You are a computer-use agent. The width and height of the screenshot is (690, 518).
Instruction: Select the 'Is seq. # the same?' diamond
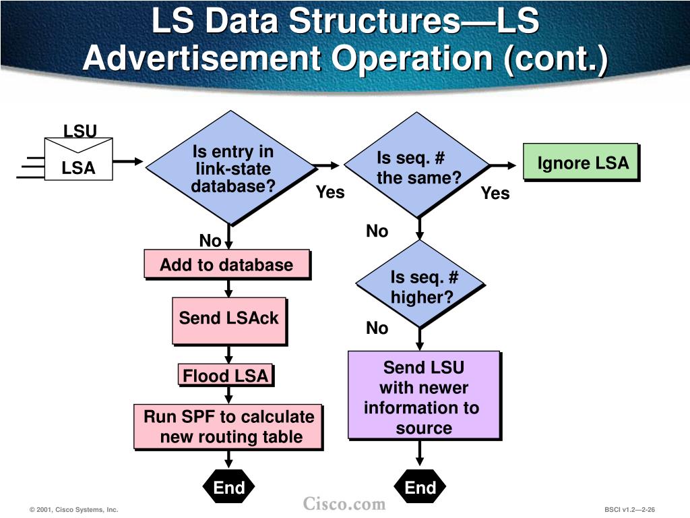[x=418, y=165]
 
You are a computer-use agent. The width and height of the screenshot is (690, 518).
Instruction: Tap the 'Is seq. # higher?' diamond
[x=421, y=287]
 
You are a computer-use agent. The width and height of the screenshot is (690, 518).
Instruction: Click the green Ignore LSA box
[x=581, y=163]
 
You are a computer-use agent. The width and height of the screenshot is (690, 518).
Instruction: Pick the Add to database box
[x=227, y=265]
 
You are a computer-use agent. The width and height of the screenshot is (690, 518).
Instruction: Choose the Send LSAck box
[x=229, y=319]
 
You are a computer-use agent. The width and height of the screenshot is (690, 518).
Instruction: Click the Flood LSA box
[x=226, y=376]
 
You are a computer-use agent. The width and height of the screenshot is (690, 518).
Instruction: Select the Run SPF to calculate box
[x=229, y=426]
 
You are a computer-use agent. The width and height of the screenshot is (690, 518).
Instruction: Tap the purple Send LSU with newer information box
[x=424, y=397]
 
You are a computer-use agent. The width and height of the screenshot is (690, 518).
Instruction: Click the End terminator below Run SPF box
[x=229, y=487]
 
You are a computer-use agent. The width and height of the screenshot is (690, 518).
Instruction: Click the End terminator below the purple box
[x=420, y=487]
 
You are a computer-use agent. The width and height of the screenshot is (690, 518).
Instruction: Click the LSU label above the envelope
[x=80, y=131]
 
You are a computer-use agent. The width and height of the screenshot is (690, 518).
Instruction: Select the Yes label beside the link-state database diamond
[x=330, y=193]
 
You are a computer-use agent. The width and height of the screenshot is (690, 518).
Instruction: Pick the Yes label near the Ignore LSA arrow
[x=495, y=194]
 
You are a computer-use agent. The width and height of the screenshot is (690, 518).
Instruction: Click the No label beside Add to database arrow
[x=210, y=241]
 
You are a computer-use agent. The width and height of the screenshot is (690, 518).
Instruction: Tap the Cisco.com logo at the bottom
[x=344, y=503]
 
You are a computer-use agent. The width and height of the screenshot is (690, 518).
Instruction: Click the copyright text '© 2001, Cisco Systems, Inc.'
[x=73, y=510]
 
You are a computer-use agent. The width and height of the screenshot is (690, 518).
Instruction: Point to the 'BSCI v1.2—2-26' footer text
[x=629, y=510]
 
